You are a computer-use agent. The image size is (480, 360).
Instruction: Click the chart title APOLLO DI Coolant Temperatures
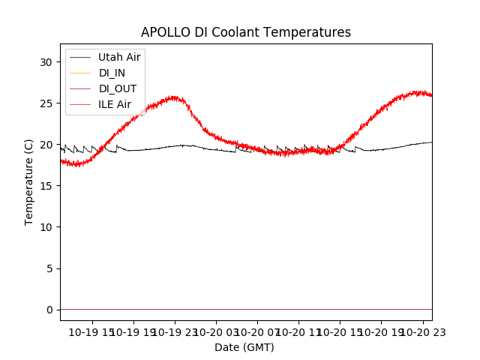(x=246, y=33)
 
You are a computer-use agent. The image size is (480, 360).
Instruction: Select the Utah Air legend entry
(x=119, y=57)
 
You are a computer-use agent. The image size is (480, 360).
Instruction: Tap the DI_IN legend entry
(x=113, y=73)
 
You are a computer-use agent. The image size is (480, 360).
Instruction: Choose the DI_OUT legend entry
(x=118, y=88)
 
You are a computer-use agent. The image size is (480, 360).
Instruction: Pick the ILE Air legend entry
(x=115, y=104)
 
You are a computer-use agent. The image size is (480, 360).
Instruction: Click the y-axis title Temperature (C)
(x=29, y=181)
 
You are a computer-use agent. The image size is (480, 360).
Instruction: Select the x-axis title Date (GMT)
(x=244, y=347)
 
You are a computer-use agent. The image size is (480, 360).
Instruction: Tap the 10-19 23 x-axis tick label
(x=175, y=331)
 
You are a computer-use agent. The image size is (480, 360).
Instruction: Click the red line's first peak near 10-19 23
(x=175, y=97)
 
